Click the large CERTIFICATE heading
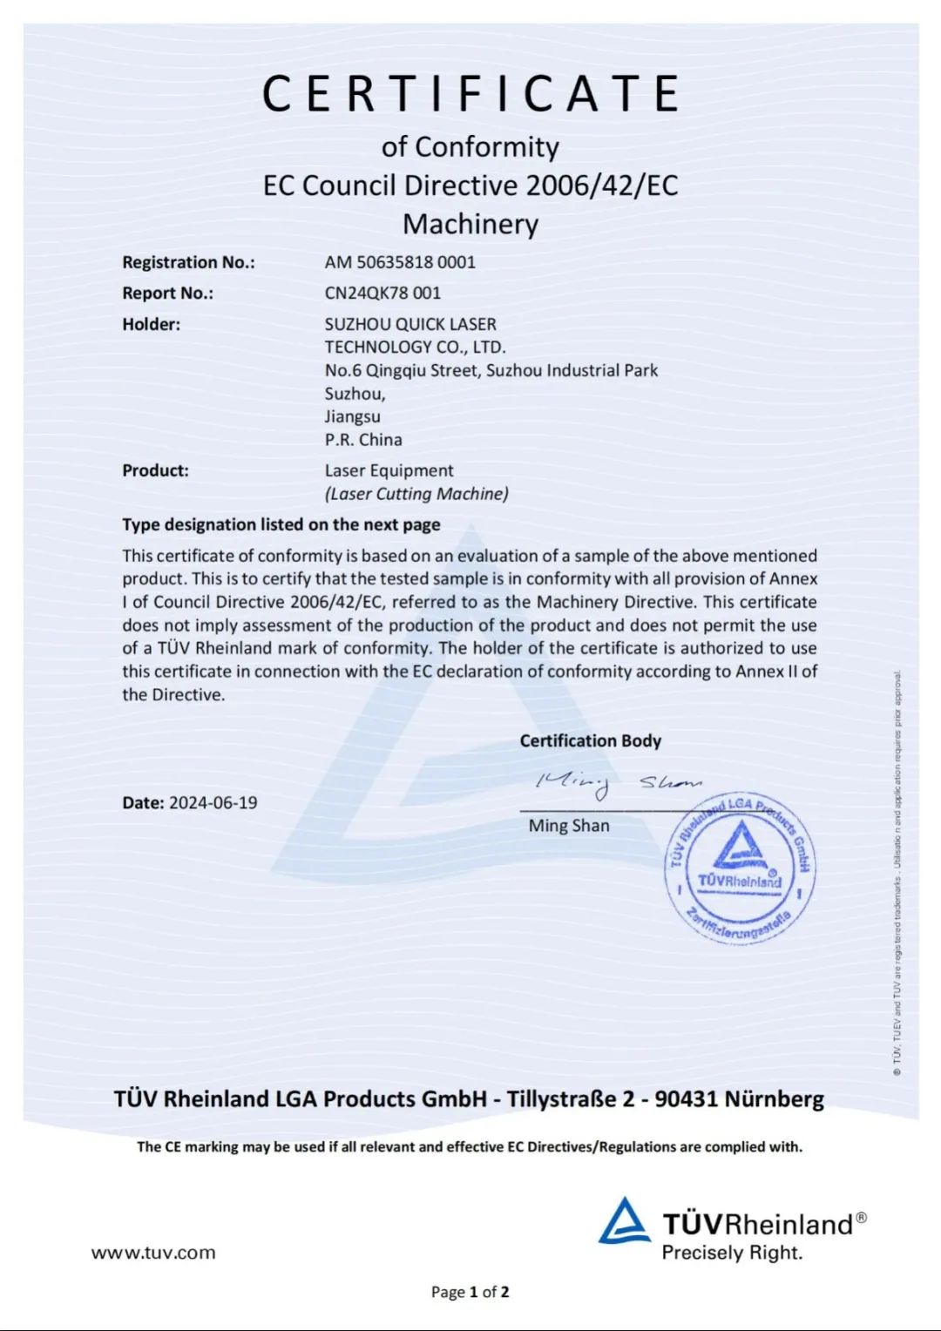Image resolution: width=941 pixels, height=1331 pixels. pyautogui.click(x=470, y=94)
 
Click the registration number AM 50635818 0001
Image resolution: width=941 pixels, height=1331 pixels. pyautogui.click(x=400, y=262)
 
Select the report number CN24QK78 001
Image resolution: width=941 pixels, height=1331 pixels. pyautogui.click(x=382, y=294)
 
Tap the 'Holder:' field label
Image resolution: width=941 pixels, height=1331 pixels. pyautogui.click(x=151, y=325)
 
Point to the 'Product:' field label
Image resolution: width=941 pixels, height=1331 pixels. pyautogui.click(x=155, y=471)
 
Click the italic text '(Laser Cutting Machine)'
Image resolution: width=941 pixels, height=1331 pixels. pyautogui.click(x=416, y=494)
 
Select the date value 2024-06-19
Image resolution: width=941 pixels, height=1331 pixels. pyautogui.click(x=213, y=803)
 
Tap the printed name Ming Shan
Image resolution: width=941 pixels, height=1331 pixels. pyautogui.click(x=569, y=826)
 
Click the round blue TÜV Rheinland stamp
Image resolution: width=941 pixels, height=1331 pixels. pyautogui.click(x=741, y=868)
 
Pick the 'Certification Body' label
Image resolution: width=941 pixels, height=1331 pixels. pyautogui.click(x=591, y=741)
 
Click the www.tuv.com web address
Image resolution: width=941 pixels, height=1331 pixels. pyautogui.click(x=153, y=1253)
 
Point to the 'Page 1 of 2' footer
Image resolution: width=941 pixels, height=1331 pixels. pyautogui.click(x=470, y=1292)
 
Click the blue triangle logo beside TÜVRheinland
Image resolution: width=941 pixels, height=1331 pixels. pyautogui.click(x=623, y=1221)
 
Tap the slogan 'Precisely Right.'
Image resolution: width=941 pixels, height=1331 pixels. pyautogui.click(x=732, y=1253)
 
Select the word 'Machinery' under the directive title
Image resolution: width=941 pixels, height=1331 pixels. pyautogui.click(x=470, y=225)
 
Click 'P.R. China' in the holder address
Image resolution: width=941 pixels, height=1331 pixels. pyautogui.click(x=363, y=440)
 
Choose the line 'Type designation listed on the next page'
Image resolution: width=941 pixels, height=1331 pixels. pyautogui.click(x=281, y=525)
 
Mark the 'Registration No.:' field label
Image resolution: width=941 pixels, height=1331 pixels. pyautogui.click(x=188, y=263)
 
